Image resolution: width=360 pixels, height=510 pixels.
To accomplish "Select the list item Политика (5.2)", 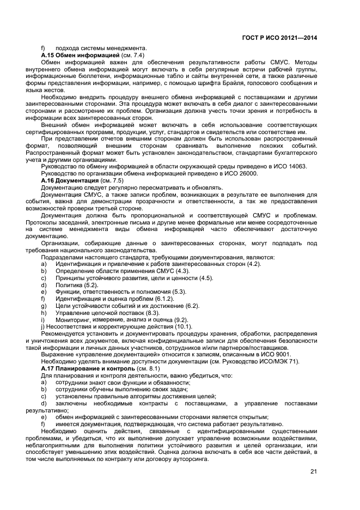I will (76, 284).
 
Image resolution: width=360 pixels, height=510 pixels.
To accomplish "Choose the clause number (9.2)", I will (179, 319).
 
